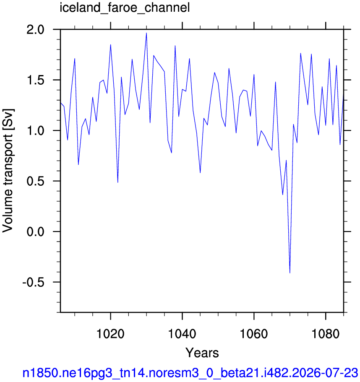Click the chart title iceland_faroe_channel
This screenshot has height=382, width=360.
click(125, 8)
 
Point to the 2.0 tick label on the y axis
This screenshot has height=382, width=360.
click(35, 29)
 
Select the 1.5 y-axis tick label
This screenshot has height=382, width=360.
click(35, 80)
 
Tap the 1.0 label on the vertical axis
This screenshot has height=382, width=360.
click(35, 130)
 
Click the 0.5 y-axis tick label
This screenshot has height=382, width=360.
click(35, 181)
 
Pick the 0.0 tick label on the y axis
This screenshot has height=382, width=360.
click(35, 231)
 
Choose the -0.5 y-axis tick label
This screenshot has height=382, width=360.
click(34, 282)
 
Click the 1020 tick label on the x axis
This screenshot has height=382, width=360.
click(110, 333)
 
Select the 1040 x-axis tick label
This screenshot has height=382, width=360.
click(182, 333)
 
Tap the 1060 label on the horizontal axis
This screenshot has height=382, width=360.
click(254, 333)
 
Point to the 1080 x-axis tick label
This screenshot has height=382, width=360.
click(326, 333)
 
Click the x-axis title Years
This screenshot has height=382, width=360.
click(202, 353)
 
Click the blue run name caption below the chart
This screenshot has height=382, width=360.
click(190, 373)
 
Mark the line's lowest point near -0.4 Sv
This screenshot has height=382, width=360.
click(290, 273)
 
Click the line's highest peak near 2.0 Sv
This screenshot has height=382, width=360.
click(146, 33)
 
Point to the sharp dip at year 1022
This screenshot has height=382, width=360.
click(118, 182)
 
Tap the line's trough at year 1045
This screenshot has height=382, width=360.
click(200, 173)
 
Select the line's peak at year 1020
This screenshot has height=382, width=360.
click(110, 44)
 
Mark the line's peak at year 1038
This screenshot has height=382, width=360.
click(175, 46)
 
